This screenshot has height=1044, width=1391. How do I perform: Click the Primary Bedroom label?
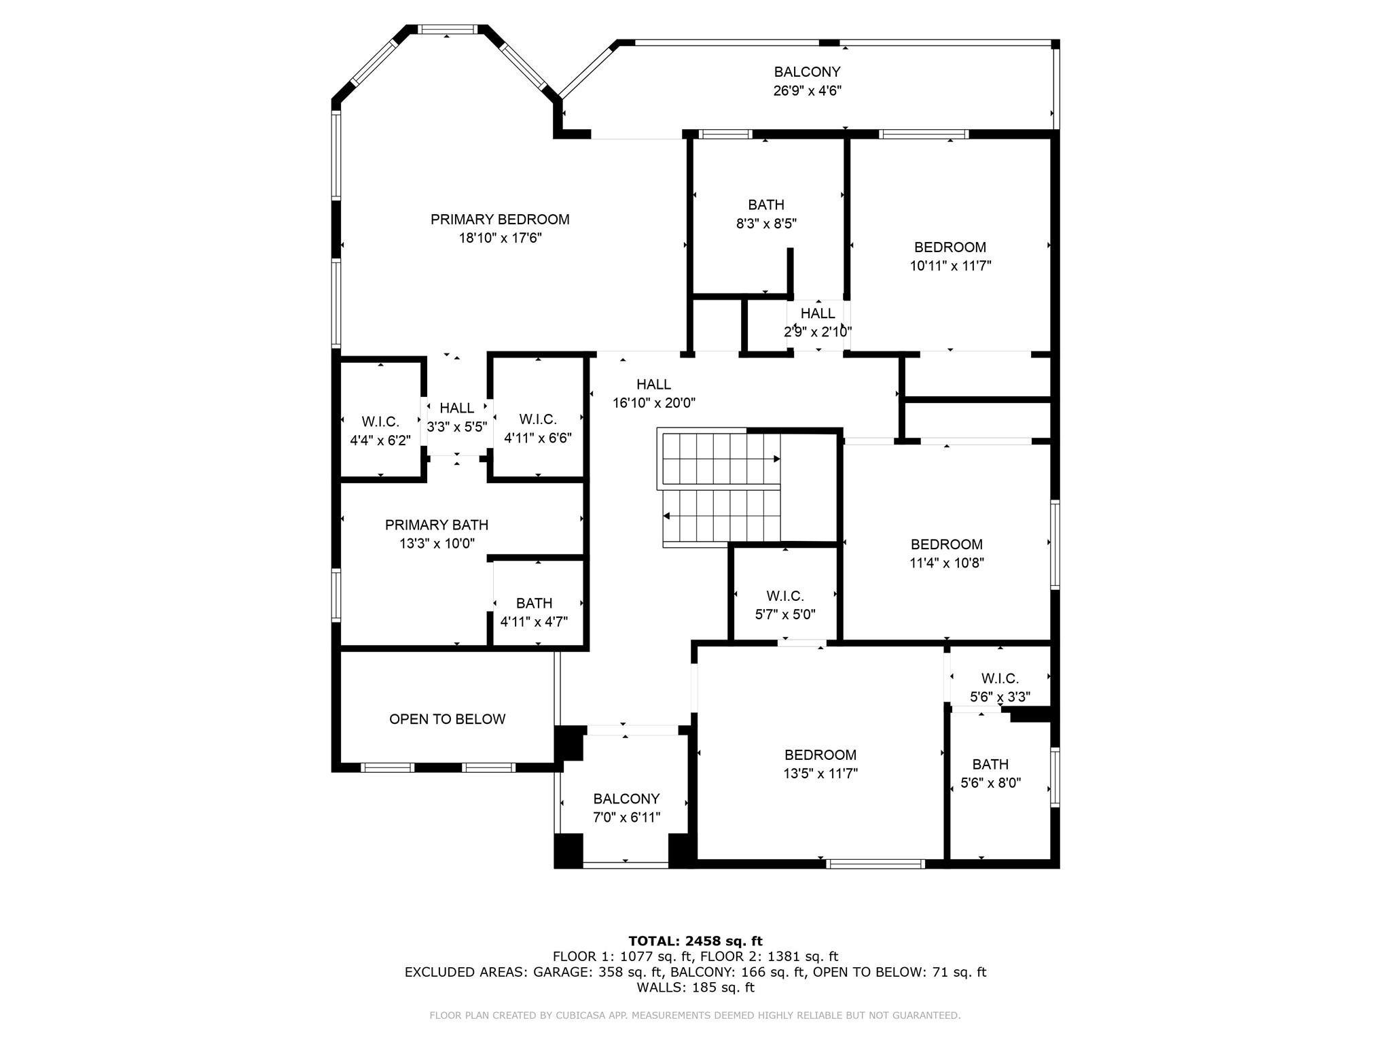pos(500,220)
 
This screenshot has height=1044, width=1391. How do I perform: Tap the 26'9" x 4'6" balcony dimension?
pos(808,90)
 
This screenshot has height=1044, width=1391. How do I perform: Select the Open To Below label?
pos(448,719)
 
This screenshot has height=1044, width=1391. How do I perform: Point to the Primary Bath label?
pos(437,525)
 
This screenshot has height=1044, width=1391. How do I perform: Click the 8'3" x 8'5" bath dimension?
pos(766,223)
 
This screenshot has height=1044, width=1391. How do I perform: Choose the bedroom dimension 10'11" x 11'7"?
pos(950,266)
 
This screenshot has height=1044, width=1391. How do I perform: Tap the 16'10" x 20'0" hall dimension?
pos(654,403)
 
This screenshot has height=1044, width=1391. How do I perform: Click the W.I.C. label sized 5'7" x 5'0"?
pos(785,596)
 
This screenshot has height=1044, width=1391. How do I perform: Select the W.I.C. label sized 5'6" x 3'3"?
pos(1000,678)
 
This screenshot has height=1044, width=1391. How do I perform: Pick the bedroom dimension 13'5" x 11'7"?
pos(820,773)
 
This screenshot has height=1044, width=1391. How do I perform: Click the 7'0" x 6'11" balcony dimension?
pos(626,818)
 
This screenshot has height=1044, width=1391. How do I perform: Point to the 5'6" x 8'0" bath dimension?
pos(990,783)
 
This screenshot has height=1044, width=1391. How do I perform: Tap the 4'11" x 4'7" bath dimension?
pos(534,622)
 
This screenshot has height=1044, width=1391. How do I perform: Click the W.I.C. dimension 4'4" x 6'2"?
pos(380,440)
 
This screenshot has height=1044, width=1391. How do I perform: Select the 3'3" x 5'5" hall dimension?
pos(457,427)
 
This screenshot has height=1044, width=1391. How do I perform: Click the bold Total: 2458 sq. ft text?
pos(695,941)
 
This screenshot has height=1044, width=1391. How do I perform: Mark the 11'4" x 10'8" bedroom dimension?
pos(947,563)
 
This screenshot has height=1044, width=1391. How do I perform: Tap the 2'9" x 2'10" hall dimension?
pos(818,332)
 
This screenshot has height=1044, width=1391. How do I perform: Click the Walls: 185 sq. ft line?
pos(695,988)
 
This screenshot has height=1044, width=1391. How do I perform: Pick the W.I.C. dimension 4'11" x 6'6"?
pos(538,438)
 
